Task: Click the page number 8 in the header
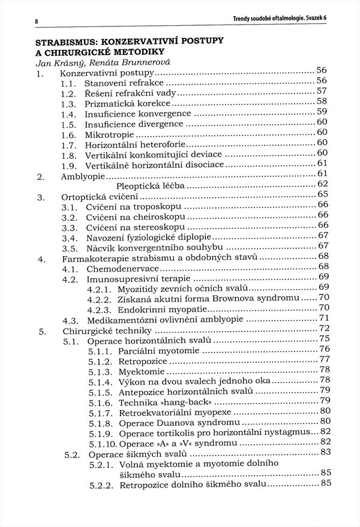click(37, 22)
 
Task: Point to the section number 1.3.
click(68, 104)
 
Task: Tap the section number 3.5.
click(68, 246)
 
